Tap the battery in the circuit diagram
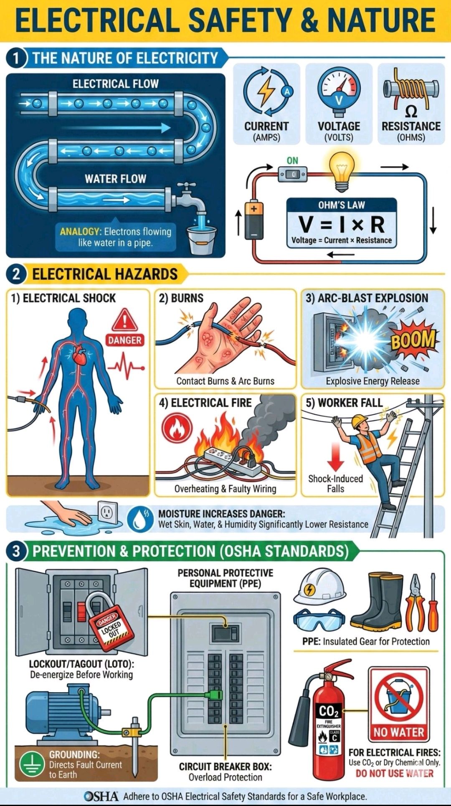pos(254,220)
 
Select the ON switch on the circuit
pos(292,173)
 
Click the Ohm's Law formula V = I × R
pos(342,224)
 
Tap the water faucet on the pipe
pos(190,196)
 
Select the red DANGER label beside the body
pos(125,340)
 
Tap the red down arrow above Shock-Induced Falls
pos(336,456)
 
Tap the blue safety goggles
pos(319,620)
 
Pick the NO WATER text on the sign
pos(399,732)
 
